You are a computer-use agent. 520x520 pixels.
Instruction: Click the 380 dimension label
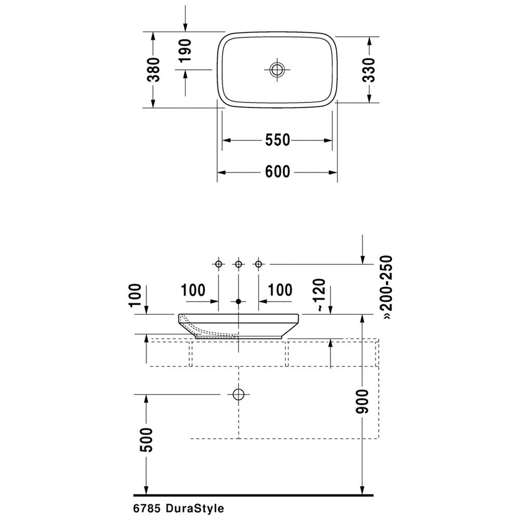tap(153, 70)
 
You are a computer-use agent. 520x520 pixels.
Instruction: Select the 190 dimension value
tap(185, 50)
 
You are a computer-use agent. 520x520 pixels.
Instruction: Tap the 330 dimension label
tap(369, 70)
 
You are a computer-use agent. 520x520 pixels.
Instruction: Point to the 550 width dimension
tap(278, 140)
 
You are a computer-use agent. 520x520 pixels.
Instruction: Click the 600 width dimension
tap(278, 172)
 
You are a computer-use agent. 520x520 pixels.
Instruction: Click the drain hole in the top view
tap(277, 70)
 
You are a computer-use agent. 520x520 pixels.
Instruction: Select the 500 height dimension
tap(147, 440)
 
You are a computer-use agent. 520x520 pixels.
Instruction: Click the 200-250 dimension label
tap(386, 287)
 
